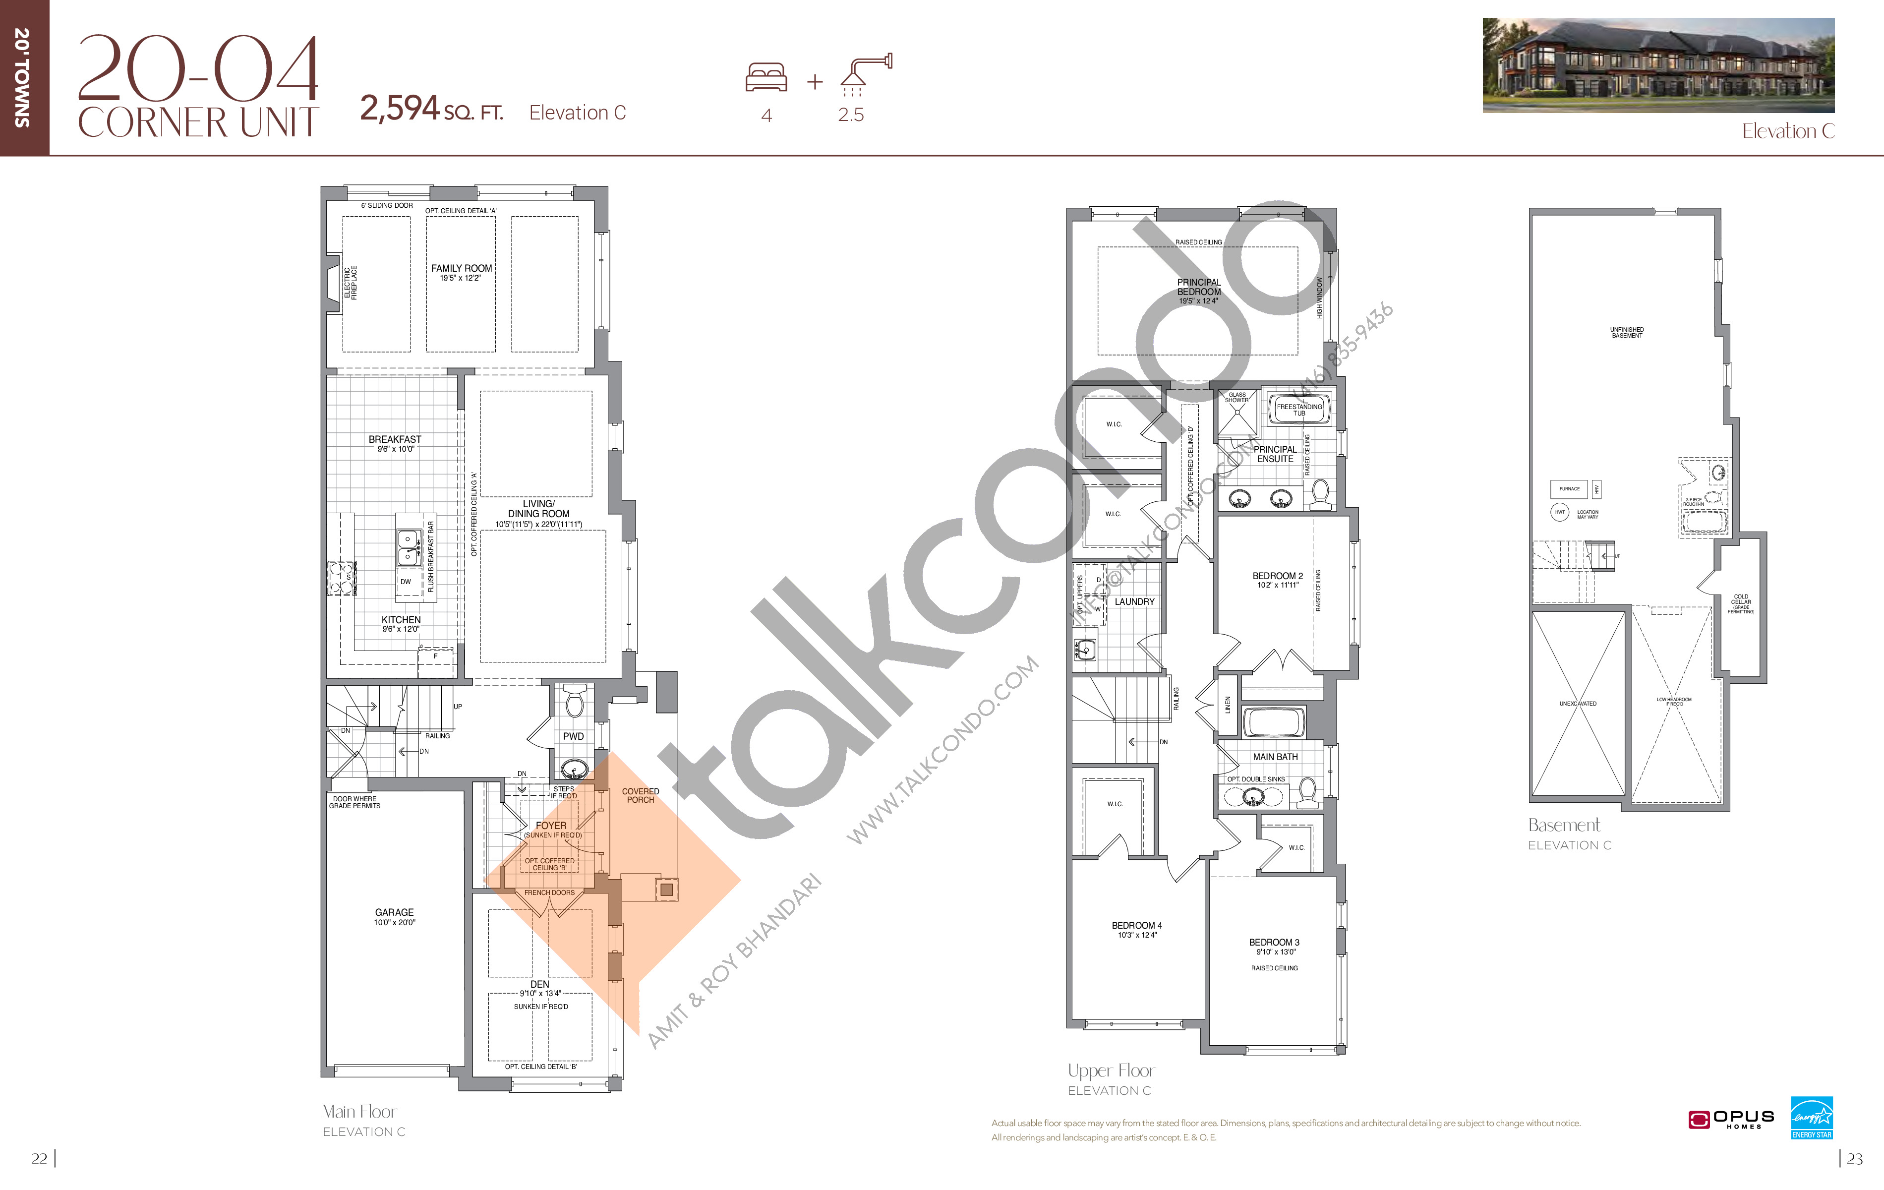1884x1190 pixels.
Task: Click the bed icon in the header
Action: [x=766, y=77]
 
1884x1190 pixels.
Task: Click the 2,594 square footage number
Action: [x=400, y=108]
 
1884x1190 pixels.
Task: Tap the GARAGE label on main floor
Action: [x=394, y=912]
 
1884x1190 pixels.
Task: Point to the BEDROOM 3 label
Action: [x=1274, y=942]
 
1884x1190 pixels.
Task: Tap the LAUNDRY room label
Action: [x=1134, y=601]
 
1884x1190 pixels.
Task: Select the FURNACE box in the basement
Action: [x=1569, y=489]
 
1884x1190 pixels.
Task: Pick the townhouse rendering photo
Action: [x=1658, y=65]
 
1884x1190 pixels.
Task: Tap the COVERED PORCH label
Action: [x=640, y=795]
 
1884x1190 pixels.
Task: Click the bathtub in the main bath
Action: [x=1273, y=720]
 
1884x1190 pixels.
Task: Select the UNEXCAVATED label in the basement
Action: [x=1577, y=704]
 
